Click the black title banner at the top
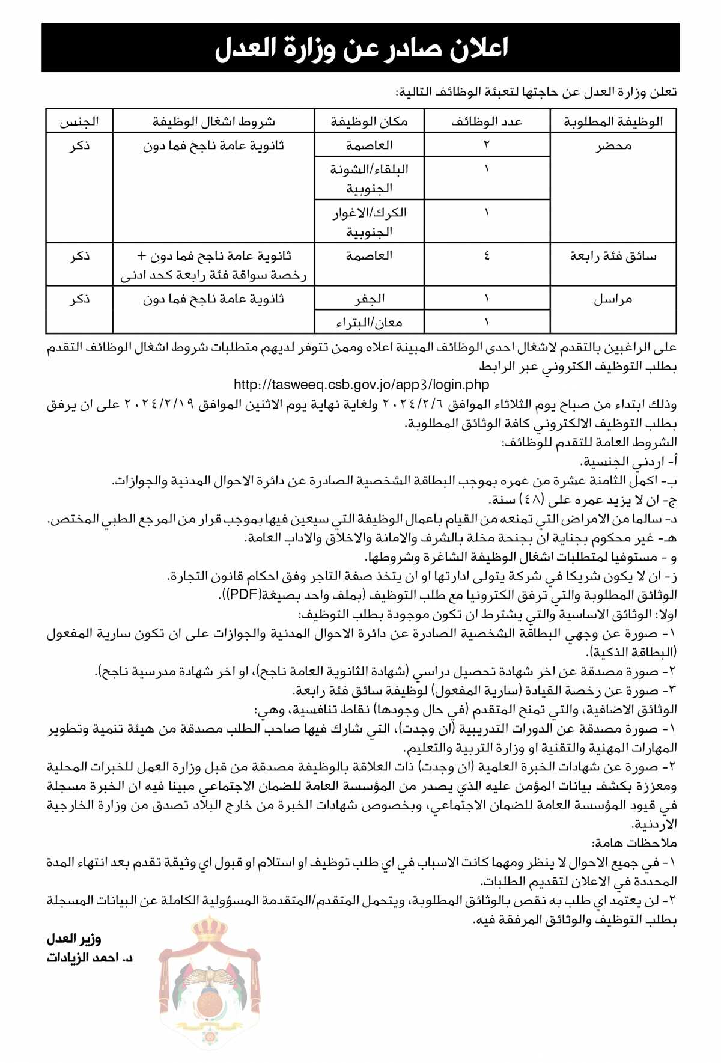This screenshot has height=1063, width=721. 360,48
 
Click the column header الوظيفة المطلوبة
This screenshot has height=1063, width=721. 613,121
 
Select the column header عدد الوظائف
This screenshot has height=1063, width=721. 487,121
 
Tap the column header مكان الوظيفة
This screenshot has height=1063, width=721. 369,121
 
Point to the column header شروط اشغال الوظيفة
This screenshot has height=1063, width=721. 213,121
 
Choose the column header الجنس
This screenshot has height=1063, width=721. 79,121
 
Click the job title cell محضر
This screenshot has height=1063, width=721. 613,146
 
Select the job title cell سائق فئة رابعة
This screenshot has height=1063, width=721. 613,257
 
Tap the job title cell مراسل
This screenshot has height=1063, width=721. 613,299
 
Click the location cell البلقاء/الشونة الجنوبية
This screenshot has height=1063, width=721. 369,178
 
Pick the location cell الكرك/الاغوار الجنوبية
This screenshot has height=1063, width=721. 369,221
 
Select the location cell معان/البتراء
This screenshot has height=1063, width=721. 369,323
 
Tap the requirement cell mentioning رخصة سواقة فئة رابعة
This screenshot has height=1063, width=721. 213,266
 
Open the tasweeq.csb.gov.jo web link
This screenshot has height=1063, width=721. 361,385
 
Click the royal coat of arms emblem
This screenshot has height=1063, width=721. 210,982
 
